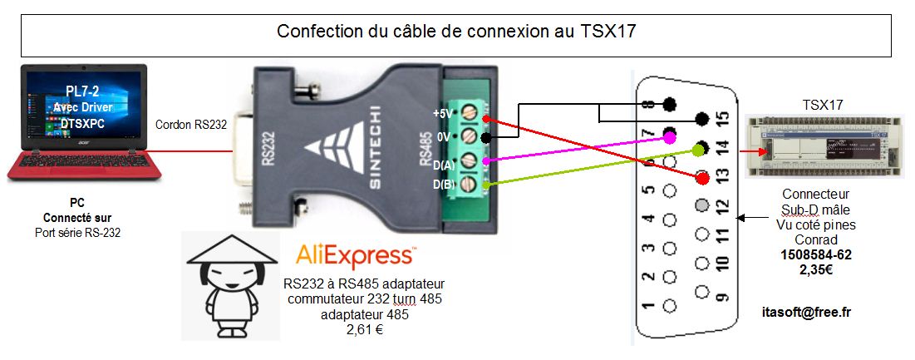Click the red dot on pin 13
click(703, 177)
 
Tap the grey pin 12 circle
click(702, 205)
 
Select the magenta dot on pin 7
click(669, 133)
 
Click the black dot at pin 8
click(669, 105)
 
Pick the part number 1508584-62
click(815, 254)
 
